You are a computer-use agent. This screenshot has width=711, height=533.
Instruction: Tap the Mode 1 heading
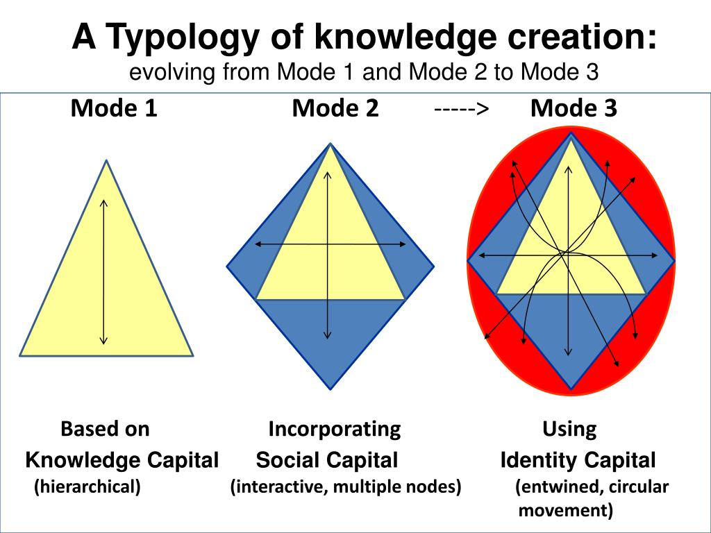tap(114, 108)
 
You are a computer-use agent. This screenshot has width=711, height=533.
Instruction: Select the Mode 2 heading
tap(335, 108)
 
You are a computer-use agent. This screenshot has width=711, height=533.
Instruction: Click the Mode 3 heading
tap(574, 108)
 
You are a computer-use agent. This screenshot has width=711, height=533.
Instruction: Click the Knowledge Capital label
tap(122, 459)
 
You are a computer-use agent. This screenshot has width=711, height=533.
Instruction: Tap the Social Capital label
tap(327, 459)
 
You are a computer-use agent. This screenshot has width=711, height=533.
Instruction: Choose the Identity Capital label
tap(578, 459)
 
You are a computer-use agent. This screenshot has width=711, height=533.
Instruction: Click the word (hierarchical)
tap(88, 487)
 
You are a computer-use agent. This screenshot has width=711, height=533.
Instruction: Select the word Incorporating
tap(335, 429)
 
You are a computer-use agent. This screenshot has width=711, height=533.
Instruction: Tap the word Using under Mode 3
tap(569, 429)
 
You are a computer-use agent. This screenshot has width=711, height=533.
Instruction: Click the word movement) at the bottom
tap(566, 511)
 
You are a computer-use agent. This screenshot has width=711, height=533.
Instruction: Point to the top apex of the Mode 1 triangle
tap(106, 161)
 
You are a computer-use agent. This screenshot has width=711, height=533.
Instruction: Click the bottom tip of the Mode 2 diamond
tap(330, 388)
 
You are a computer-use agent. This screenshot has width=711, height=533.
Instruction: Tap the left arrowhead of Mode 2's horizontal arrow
tap(256, 244)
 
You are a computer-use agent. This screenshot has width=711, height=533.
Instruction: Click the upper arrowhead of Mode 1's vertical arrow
tap(103, 201)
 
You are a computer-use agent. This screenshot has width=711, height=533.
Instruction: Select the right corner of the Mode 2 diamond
tap(433, 266)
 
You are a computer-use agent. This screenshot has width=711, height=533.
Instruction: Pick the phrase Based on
tap(105, 429)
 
